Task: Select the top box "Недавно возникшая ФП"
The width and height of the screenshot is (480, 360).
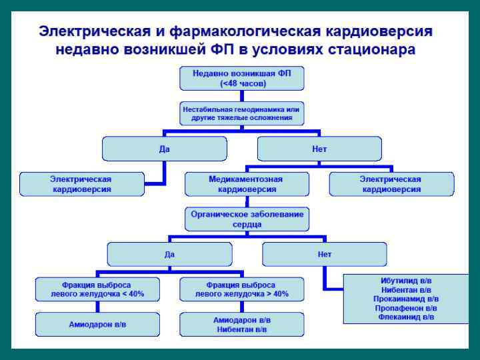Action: (242, 73)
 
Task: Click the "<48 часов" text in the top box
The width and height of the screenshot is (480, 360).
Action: (242, 83)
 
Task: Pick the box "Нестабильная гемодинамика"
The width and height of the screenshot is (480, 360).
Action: (242, 113)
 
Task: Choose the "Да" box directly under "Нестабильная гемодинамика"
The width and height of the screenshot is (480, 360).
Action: (165, 149)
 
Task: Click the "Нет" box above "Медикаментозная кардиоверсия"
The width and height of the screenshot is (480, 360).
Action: (319, 149)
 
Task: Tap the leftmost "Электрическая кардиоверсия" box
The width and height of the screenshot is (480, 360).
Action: (82, 184)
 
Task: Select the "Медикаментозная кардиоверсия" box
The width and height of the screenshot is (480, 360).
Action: (247, 184)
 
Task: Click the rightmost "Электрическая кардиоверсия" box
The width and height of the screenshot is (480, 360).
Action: (391, 184)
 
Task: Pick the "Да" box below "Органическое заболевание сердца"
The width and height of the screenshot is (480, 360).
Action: (169, 254)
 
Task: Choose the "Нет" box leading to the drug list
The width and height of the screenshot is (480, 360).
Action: (324, 254)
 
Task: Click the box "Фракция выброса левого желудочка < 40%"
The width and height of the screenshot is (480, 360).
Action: (97, 289)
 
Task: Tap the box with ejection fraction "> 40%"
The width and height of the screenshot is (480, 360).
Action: (241, 289)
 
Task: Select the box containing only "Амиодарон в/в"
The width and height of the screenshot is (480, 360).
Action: (97, 324)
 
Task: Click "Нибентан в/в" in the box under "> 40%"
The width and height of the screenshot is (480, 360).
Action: (241, 329)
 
